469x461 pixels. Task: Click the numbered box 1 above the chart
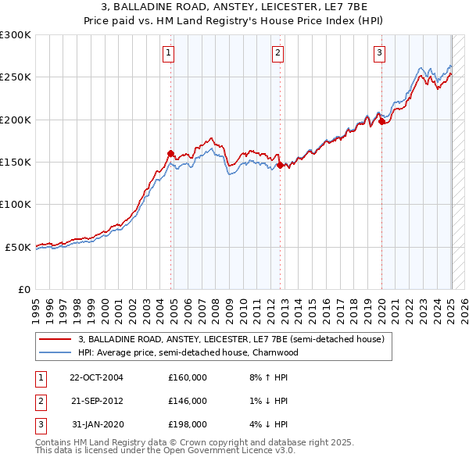168,53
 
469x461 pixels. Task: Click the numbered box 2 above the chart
277,53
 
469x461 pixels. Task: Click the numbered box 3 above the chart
379,53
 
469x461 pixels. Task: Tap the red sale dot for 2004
171,153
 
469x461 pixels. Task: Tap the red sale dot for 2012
280,165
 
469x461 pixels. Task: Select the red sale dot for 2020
381,121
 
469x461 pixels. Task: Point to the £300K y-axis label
16,35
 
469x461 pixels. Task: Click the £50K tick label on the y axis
18,247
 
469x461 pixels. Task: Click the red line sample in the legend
55,340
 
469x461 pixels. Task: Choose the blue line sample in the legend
55,352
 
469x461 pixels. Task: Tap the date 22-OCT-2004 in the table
96,377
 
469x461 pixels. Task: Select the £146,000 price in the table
188,401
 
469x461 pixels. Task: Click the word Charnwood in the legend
274,352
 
